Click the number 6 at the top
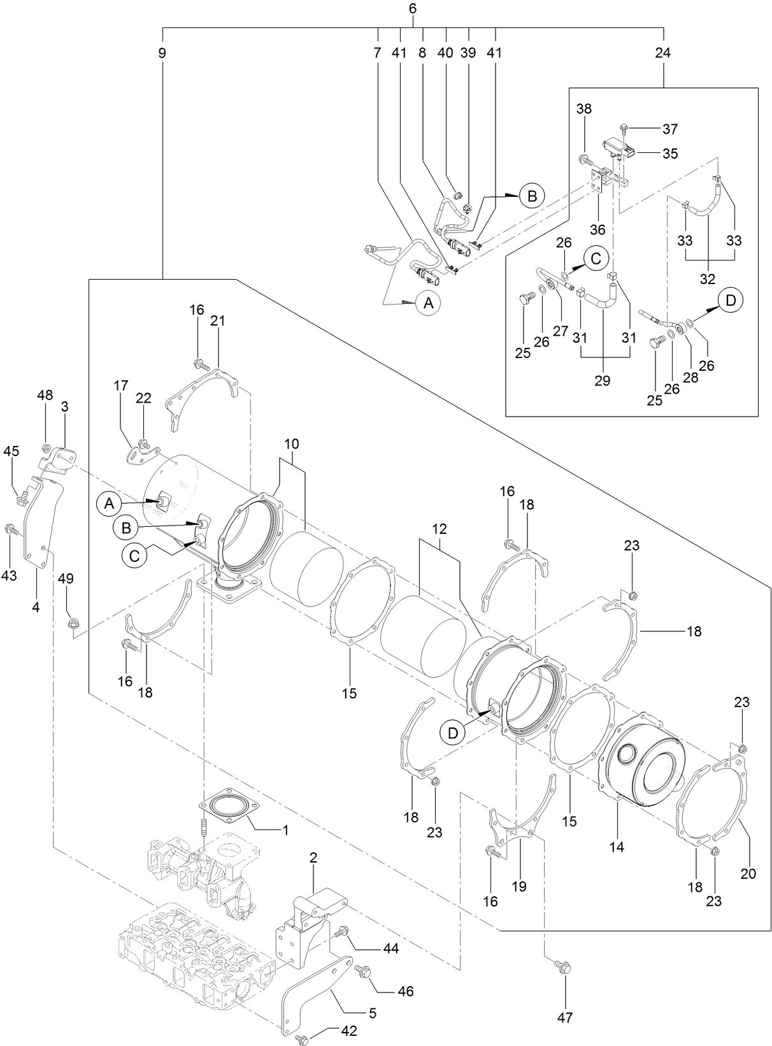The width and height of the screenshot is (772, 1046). [412, 9]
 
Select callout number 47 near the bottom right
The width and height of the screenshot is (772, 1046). [564, 1017]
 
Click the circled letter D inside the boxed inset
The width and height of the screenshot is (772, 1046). [730, 300]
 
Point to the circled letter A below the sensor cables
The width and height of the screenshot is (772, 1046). [428, 303]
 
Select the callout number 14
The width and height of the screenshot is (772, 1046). [616, 847]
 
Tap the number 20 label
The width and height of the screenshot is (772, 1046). [748, 873]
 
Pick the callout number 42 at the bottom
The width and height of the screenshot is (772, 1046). [348, 1030]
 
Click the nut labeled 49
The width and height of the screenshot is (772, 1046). [73, 620]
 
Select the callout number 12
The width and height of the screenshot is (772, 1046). [439, 529]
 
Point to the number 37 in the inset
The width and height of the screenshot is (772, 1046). [670, 129]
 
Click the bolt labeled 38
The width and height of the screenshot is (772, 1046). [584, 159]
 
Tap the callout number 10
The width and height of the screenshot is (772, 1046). [291, 443]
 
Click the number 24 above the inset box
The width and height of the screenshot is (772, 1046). [662, 54]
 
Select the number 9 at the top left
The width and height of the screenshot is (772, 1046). [162, 54]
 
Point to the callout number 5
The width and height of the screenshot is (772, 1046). [372, 1012]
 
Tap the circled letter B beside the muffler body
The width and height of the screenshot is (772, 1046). [126, 527]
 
